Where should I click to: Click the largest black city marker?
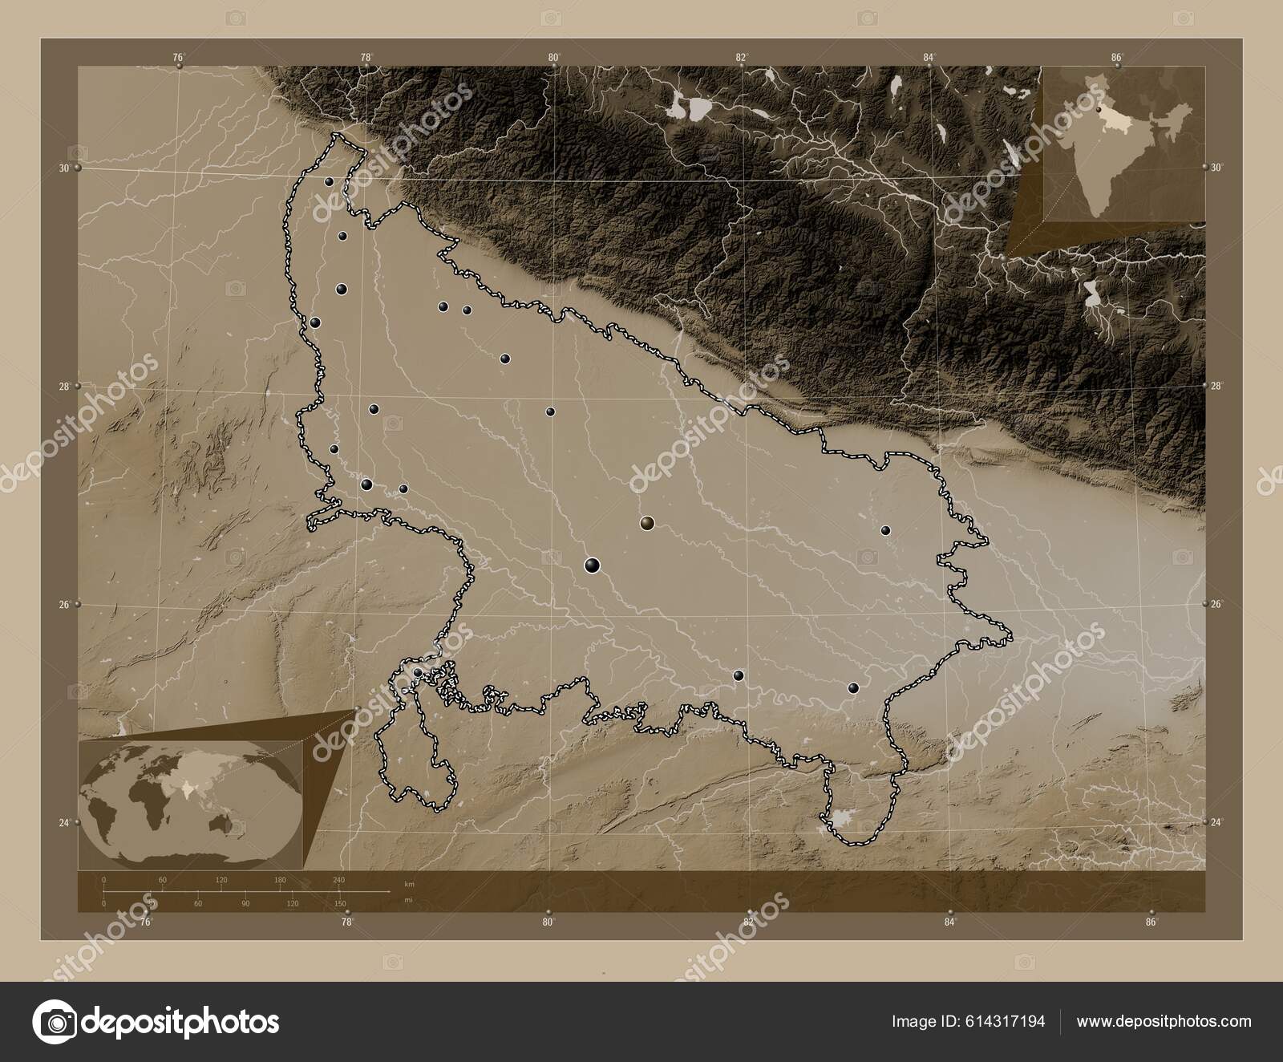(593, 565)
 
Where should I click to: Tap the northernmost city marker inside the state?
(329, 182)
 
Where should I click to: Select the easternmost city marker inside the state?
(886, 530)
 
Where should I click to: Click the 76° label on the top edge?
(178, 57)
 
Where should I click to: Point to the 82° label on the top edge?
(741, 57)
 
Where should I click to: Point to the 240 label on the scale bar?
(338, 880)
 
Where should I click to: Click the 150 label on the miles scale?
(340, 904)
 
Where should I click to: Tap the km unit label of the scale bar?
(410, 884)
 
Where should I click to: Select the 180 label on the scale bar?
(280, 880)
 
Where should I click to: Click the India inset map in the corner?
(1123, 144)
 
